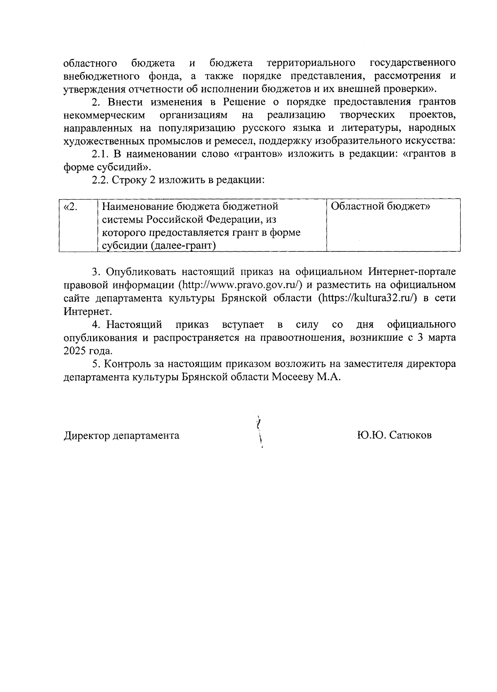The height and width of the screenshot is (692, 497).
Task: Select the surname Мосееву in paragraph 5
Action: (293, 377)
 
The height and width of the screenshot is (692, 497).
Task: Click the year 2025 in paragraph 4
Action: (74, 351)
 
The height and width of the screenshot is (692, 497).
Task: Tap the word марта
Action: (442, 338)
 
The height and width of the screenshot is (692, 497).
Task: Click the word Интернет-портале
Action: (412, 272)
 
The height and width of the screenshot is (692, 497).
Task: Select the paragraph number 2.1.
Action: (99, 154)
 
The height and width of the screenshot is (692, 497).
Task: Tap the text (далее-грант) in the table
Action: (183, 246)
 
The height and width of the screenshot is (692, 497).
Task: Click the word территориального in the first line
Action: (311, 63)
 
